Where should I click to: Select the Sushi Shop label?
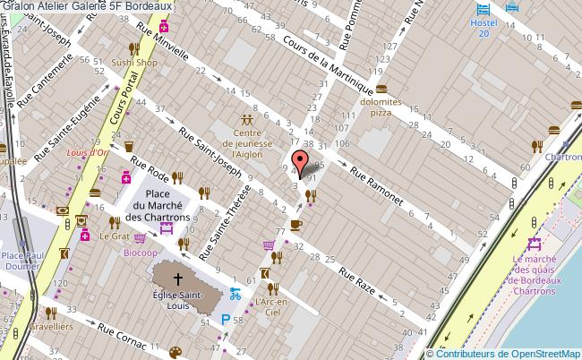point(135,64)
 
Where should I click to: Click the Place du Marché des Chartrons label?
point(158,205)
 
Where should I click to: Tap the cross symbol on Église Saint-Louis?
point(178,278)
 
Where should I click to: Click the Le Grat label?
point(115,237)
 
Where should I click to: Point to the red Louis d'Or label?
point(89,151)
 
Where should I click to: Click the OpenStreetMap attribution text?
point(504,353)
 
